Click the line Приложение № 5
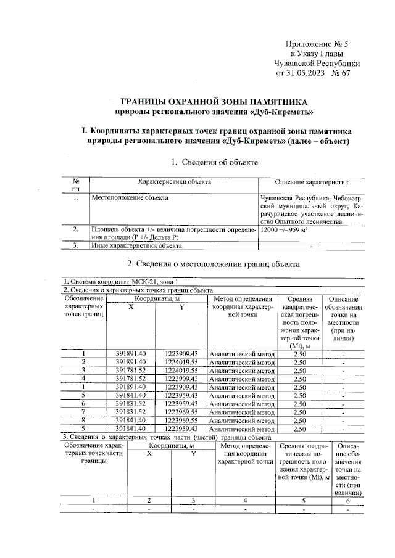(318, 44)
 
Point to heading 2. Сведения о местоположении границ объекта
(214, 264)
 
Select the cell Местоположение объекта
(130, 198)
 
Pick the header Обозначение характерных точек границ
(83, 306)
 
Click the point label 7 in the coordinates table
(83, 411)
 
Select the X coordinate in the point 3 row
(131, 371)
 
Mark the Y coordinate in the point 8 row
(181, 419)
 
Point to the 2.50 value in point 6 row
(300, 403)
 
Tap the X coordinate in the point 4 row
(131, 379)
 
